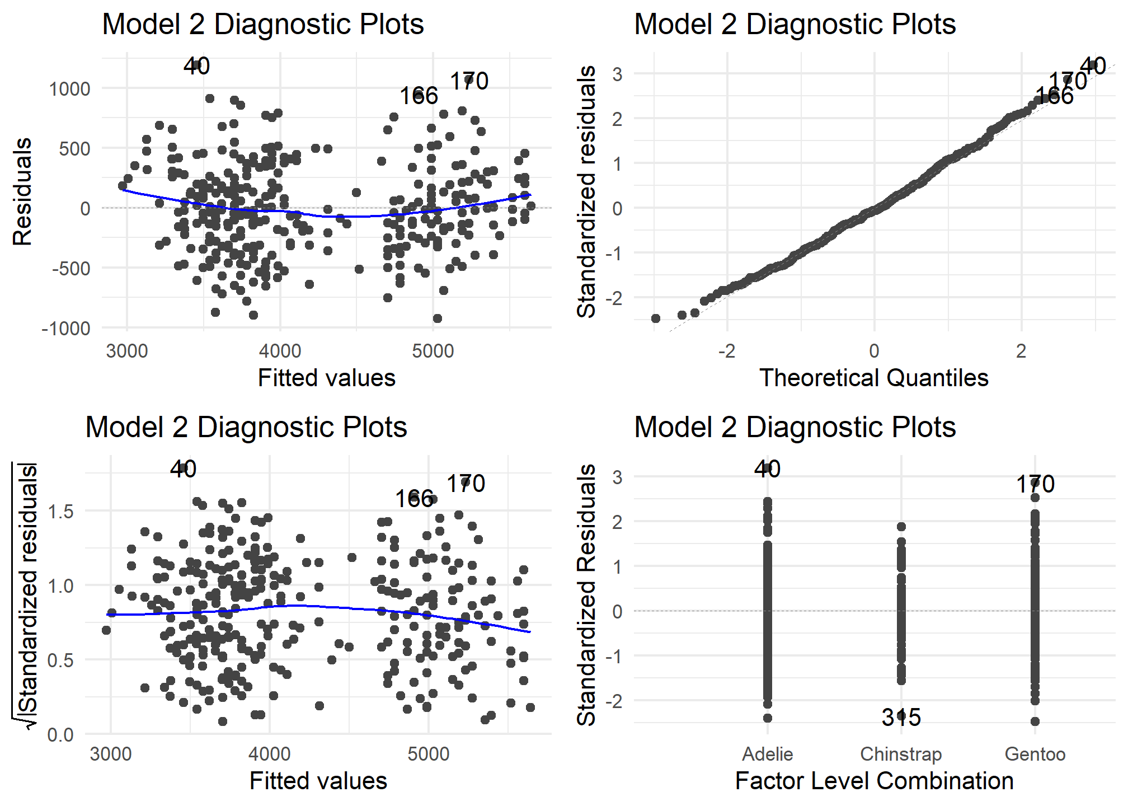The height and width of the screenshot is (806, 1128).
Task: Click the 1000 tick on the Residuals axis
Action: (69, 89)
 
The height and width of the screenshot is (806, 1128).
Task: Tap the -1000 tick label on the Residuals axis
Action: (66, 329)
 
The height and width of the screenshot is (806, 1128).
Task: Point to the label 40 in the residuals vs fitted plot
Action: (196, 66)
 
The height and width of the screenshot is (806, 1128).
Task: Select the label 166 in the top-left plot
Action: (419, 96)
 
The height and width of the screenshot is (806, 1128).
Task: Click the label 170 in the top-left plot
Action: (469, 81)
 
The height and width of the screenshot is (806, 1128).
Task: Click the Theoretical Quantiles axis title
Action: (873, 378)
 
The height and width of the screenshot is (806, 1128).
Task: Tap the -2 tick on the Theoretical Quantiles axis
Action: (726, 351)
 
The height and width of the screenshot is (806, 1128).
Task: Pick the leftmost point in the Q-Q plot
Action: (656, 318)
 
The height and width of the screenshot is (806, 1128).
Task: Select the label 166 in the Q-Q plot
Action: (1054, 96)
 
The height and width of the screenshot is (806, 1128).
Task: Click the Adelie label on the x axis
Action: (767, 754)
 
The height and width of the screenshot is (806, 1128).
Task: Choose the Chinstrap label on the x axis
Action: (901, 754)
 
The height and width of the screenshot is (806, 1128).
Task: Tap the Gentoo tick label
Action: (1035, 754)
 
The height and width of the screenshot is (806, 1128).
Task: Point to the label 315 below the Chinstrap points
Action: (901, 717)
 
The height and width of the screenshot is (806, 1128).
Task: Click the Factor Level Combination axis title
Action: (874, 781)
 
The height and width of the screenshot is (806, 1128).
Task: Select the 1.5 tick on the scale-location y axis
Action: (60, 511)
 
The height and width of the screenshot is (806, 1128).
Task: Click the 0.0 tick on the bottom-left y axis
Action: (60, 734)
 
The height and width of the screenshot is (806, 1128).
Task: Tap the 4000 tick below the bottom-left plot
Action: (269, 754)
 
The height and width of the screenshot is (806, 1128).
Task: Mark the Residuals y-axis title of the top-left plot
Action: (22, 191)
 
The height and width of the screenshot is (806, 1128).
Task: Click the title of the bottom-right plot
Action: (795, 427)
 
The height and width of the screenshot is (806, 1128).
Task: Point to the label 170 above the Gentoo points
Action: (1035, 484)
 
